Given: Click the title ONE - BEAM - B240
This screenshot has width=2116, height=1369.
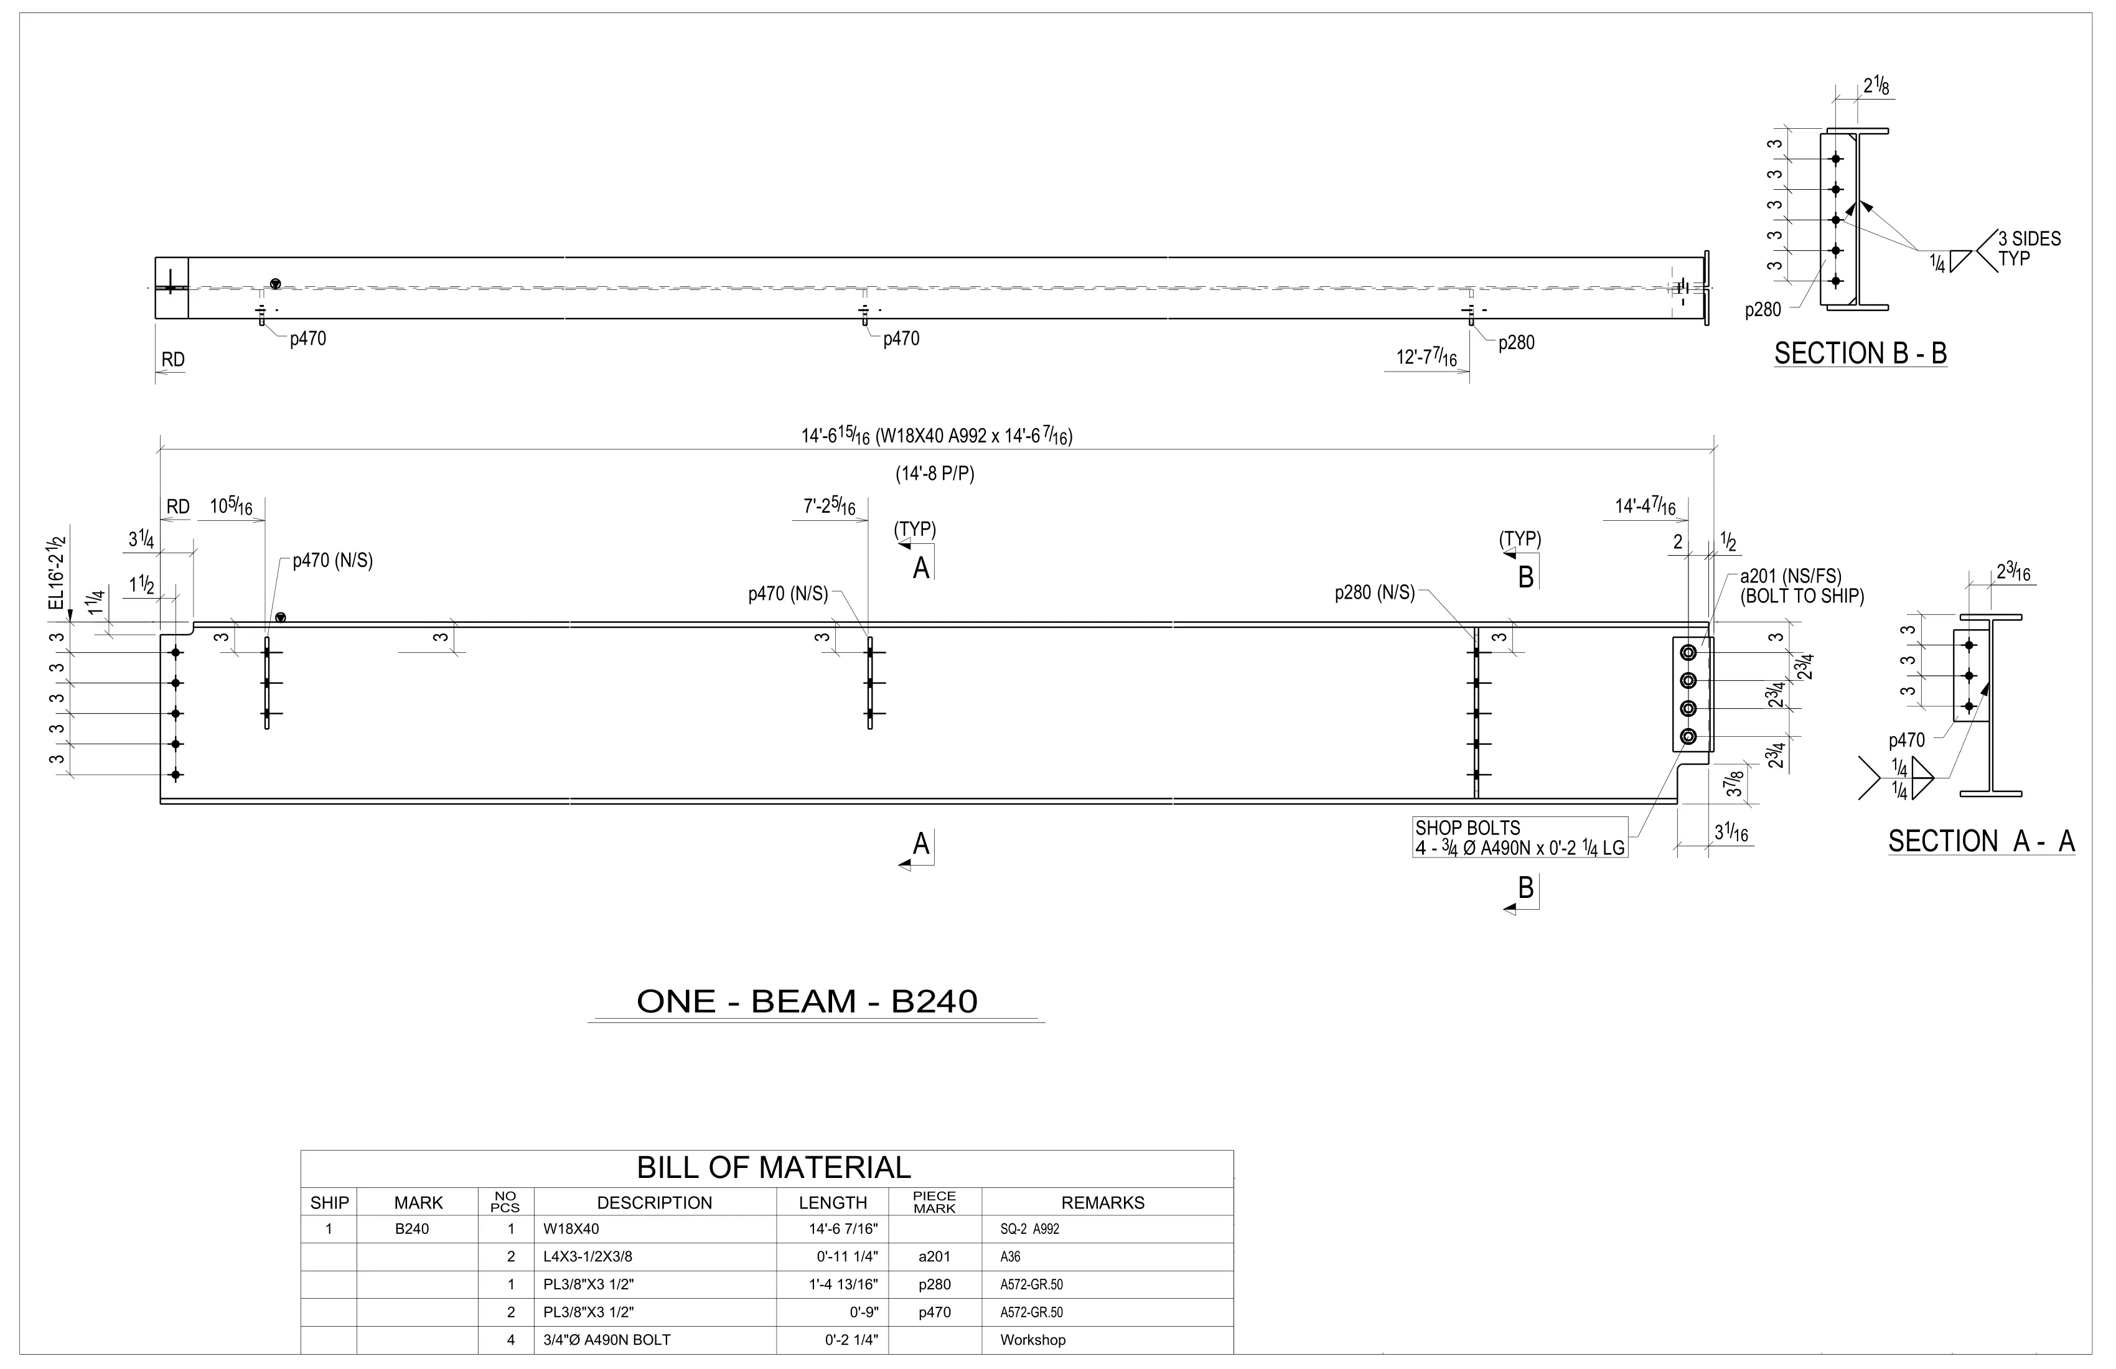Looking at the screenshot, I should (x=807, y=1002).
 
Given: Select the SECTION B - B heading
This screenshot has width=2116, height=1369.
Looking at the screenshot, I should (x=1860, y=354).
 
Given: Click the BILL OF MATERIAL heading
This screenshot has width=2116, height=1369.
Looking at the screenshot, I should (x=774, y=1167).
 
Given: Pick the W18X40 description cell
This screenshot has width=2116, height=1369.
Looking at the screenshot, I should (x=572, y=1230).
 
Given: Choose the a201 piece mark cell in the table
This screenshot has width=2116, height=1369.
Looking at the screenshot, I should (x=934, y=1257).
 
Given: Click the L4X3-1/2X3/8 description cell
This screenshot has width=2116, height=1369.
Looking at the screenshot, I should (x=588, y=1257).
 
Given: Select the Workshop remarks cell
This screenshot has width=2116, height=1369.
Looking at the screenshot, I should (x=1032, y=1340).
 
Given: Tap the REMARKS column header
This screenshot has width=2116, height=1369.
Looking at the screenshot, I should (x=1102, y=1203).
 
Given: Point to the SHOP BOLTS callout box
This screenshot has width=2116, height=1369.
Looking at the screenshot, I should (x=1519, y=838).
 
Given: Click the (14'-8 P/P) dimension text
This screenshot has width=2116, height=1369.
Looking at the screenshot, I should (x=934, y=474).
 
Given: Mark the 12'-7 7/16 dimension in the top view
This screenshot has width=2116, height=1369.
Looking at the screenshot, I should (x=1426, y=357).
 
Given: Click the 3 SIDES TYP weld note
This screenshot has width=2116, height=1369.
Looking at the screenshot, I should (x=2029, y=249).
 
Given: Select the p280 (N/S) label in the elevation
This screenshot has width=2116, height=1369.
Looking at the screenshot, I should (x=1375, y=593).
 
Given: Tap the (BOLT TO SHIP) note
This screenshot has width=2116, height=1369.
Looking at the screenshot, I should (x=1801, y=597).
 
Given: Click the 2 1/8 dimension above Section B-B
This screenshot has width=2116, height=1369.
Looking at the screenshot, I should (x=1876, y=86).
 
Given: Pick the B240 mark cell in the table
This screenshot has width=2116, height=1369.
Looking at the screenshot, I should (x=411, y=1230).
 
